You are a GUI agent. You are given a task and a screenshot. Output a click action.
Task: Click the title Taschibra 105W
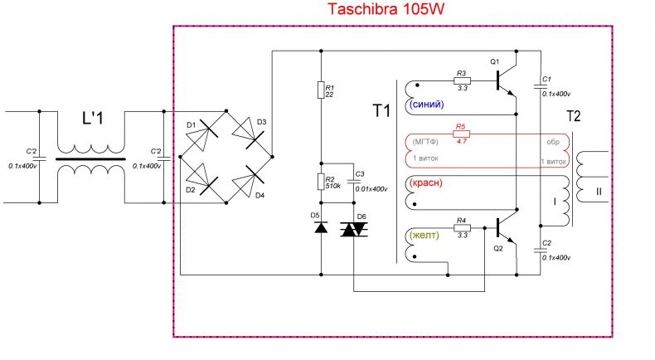click(x=386, y=9)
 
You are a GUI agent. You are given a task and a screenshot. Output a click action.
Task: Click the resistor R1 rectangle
click(x=321, y=90)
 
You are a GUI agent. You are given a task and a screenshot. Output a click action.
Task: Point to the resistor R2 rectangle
click(x=321, y=182)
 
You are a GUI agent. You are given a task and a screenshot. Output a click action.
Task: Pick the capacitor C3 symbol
click(x=353, y=182)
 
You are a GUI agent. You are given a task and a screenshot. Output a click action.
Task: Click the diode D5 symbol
click(x=321, y=227)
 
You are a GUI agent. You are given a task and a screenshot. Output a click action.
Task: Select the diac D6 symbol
click(x=354, y=229)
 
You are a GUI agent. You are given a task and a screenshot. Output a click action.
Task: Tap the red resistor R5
click(x=461, y=134)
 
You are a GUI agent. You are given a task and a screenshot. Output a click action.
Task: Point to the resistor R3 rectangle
click(x=462, y=80)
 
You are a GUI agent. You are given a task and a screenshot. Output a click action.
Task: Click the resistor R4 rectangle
click(x=462, y=228)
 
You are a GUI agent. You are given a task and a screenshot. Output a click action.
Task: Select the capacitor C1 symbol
click(x=540, y=86)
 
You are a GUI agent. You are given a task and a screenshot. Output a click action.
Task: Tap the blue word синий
click(x=427, y=105)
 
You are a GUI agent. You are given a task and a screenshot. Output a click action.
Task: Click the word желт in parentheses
click(x=424, y=235)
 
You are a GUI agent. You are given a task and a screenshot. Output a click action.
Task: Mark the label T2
click(x=573, y=116)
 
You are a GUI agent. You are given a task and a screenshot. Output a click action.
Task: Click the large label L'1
click(x=92, y=119)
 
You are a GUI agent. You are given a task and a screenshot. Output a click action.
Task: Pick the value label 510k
click(x=333, y=186)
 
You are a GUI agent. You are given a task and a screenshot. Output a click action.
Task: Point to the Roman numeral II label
click(x=599, y=192)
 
